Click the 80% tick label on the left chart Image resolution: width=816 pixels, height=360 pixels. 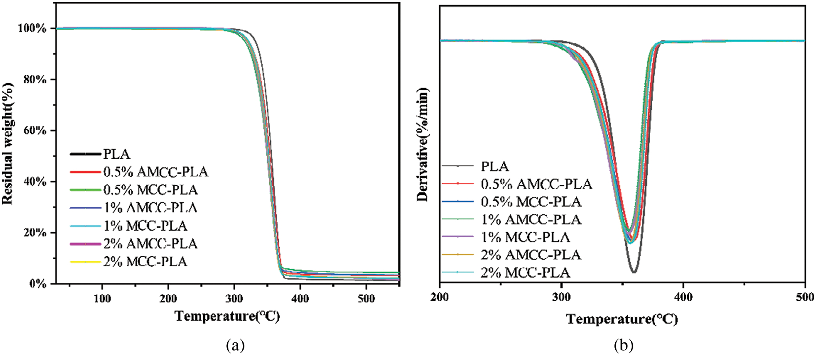35,79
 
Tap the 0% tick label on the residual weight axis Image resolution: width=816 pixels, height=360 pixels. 38,284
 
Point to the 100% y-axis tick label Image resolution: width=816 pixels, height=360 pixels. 32,28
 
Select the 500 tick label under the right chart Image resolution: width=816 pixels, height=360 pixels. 804,297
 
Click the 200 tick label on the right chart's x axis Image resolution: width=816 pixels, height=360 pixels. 439,297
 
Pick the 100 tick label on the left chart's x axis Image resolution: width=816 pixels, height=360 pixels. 102,299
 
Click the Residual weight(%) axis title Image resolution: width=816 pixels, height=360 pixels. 8,144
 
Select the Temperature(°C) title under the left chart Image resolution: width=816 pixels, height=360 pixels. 227,316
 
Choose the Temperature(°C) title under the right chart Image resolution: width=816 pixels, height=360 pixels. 622,319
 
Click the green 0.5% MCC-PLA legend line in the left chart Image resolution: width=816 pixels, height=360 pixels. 85,190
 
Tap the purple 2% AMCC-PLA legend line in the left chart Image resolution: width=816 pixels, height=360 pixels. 85,244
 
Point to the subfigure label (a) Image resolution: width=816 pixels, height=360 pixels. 235,346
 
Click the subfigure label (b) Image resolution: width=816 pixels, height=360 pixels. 624,346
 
